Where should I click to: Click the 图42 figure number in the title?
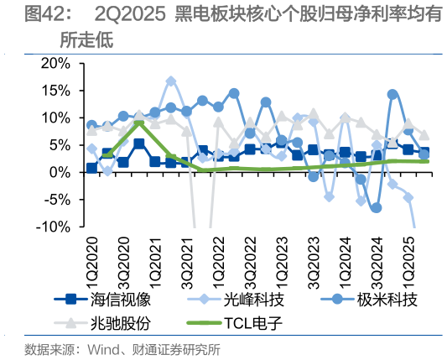pyautogui.click(x=44, y=15)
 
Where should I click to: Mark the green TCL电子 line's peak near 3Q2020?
pyautogui.click(x=139, y=123)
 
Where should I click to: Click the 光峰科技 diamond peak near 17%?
pyautogui.click(x=171, y=81)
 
